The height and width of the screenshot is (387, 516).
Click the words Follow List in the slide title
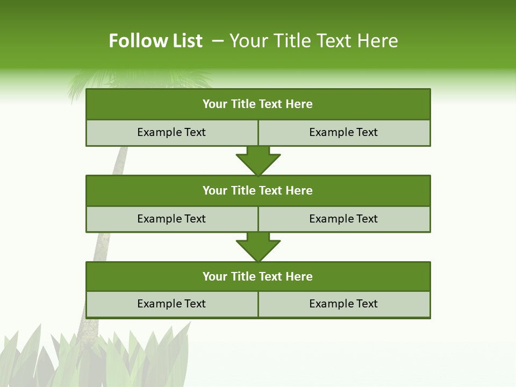coord(155,41)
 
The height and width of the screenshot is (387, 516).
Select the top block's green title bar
coord(258,104)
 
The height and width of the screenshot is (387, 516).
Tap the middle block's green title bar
coord(258,190)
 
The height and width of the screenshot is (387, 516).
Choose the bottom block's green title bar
coord(258,276)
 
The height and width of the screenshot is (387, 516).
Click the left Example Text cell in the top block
coord(171,132)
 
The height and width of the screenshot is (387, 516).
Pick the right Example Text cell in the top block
coord(343,132)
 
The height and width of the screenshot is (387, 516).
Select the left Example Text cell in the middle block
coord(171,219)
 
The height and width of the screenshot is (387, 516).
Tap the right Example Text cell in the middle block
coord(343,219)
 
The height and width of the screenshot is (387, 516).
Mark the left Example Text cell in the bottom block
coord(171,304)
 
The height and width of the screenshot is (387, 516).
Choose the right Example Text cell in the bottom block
coord(343,304)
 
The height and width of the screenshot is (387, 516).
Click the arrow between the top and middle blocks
coord(258,161)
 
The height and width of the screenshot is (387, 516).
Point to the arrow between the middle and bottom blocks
coord(258,247)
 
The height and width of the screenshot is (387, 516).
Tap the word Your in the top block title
coord(215,104)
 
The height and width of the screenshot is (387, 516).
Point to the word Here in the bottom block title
coord(299,276)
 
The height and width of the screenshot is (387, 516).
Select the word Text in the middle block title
coord(271,190)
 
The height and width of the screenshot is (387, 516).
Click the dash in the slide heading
coord(218,41)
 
